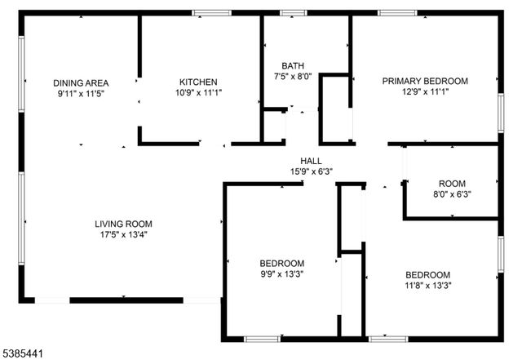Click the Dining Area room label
81,82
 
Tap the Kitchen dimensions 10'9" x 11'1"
198,93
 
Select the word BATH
293,66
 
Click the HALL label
311,161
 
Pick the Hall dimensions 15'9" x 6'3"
311,171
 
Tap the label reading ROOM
451,183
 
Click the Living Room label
123,224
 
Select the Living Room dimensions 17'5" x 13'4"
123,234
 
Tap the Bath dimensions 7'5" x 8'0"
293,78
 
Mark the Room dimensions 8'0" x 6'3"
451,194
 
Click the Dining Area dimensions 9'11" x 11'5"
81,94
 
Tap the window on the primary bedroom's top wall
397,13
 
